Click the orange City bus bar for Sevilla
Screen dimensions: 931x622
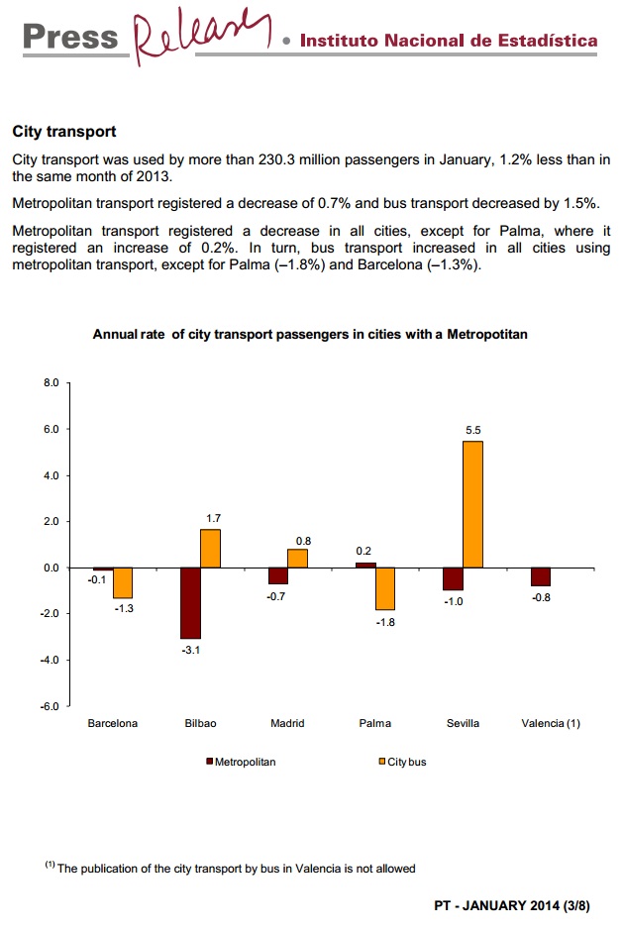[472, 504]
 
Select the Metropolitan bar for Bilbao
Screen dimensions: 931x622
[190, 602]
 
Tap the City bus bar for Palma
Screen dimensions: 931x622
[384, 588]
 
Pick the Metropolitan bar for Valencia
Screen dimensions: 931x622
[541, 576]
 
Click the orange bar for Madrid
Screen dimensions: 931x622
[297, 558]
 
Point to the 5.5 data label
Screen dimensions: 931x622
[472, 430]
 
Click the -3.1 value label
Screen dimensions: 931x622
[191, 650]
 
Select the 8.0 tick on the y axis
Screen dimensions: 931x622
[52, 382]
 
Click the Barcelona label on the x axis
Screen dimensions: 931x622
[113, 723]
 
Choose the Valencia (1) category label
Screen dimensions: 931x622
[551, 723]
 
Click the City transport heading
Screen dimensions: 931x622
[64, 131]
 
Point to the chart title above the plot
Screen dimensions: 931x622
[310, 335]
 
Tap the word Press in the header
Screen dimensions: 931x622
[69, 37]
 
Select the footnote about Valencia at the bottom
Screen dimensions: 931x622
[230, 869]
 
